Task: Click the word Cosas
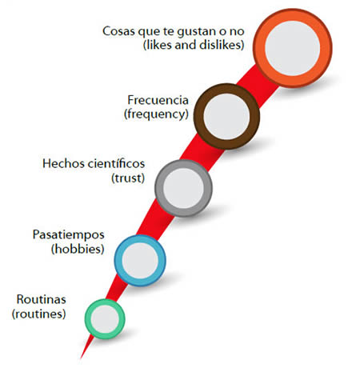point(118,31)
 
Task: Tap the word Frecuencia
point(158,100)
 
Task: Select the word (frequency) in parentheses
point(156,114)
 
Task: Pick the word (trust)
point(128,178)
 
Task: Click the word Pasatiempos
point(69,235)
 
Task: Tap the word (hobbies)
point(78,249)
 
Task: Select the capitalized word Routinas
point(41,299)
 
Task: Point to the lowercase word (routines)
point(39,314)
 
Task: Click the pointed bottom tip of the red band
point(81,358)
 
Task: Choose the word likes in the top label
point(158,45)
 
